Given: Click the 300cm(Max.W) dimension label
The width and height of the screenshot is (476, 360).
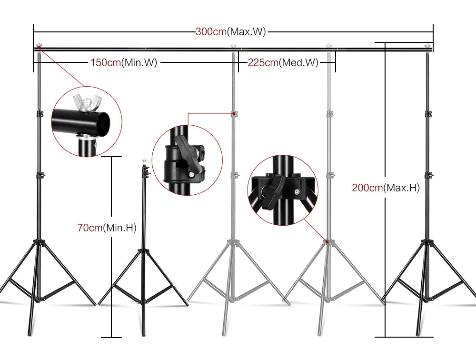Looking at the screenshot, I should [230, 32].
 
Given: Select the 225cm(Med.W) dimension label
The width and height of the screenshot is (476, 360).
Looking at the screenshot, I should [283, 62].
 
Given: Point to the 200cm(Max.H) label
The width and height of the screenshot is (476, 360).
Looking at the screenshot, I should [386, 188].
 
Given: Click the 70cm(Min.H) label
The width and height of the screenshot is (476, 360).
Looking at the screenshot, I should [107, 228].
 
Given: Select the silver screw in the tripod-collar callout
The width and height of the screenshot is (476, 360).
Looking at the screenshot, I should [297, 192].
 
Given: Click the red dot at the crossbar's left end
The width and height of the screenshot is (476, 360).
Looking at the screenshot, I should [38, 47].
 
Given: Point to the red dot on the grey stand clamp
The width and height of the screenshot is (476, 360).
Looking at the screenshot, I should [233, 113].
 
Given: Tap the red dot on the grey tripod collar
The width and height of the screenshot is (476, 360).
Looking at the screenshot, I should [327, 242].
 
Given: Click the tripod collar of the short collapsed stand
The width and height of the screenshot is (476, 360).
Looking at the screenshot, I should [142, 249].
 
